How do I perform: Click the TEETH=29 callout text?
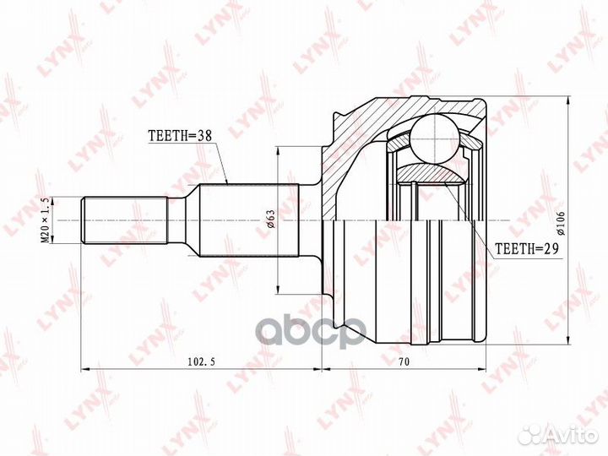pyautogui.click(x=527, y=248)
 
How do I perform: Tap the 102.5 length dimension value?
pyautogui.click(x=201, y=361)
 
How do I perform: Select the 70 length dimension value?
pyautogui.click(x=404, y=361)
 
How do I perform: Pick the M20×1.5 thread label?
pyautogui.click(x=46, y=220)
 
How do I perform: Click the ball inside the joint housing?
pyautogui.click(x=436, y=138)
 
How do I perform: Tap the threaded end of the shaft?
pyautogui.click(x=124, y=220)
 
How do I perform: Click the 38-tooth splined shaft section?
pyautogui.click(x=248, y=220)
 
